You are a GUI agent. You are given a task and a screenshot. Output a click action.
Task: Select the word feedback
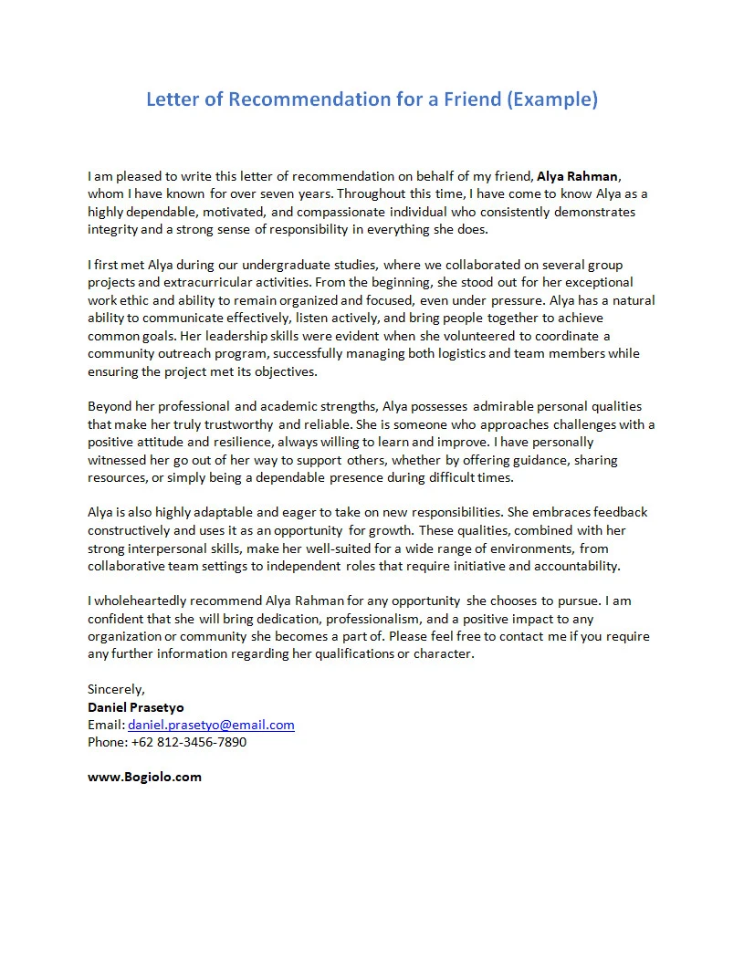(620, 512)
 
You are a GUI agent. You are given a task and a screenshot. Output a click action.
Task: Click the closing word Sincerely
(116, 689)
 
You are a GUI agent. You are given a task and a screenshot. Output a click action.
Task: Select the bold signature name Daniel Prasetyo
(135, 707)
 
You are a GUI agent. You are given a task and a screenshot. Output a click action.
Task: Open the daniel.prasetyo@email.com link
(211, 725)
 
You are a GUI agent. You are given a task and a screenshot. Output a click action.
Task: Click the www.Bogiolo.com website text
(144, 777)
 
